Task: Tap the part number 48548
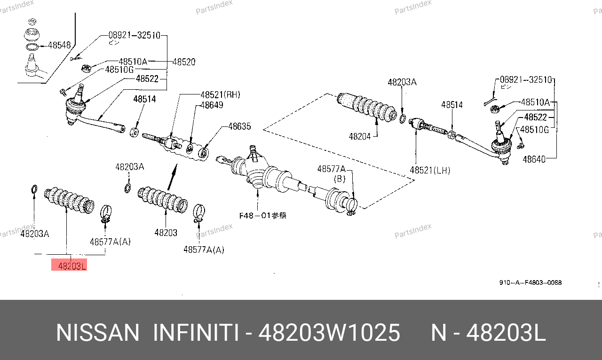tap(59, 46)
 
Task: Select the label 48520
tap(183, 62)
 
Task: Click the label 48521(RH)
tap(220, 94)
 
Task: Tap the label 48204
tap(360, 137)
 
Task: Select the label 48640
tap(534, 159)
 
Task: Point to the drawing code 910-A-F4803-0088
tap(530, 283)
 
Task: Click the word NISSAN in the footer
tap(97, 333)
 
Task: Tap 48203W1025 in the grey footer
tap(329, 333)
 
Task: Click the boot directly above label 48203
tap(163, 200)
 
